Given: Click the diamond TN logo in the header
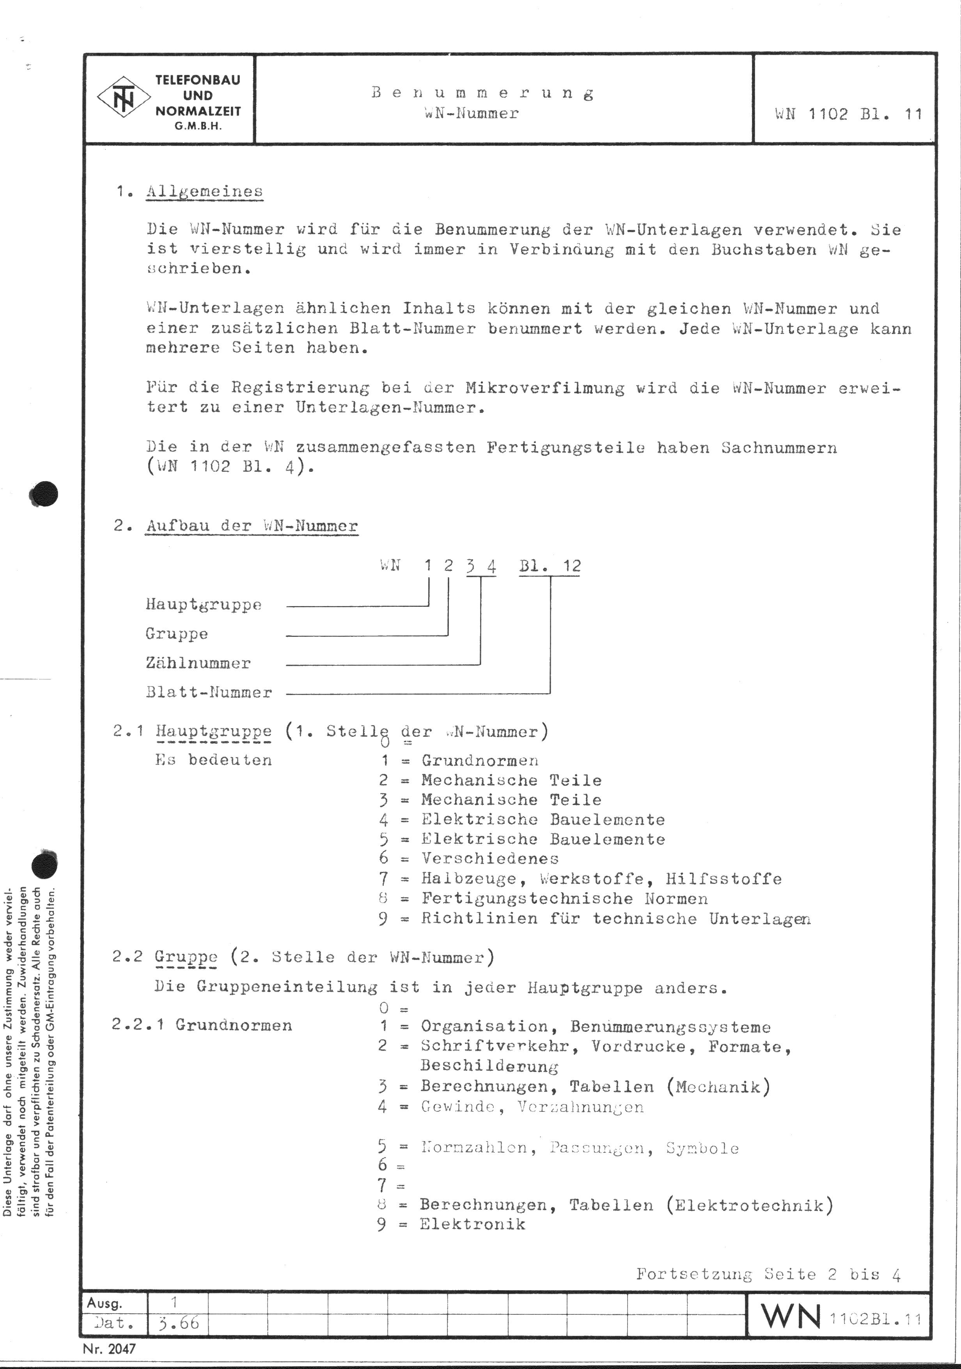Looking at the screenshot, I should [x=124, y=97].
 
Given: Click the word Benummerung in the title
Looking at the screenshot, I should [x=482, y=93].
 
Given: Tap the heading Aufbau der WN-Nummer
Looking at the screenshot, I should [x=252, y=526].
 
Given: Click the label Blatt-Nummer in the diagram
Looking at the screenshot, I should [x=209, y=692].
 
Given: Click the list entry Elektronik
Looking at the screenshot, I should [x=472, y=1224].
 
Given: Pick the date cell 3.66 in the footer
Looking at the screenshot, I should [x=178, y=1323].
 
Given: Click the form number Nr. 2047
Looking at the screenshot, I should [x=109, y=1348].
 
